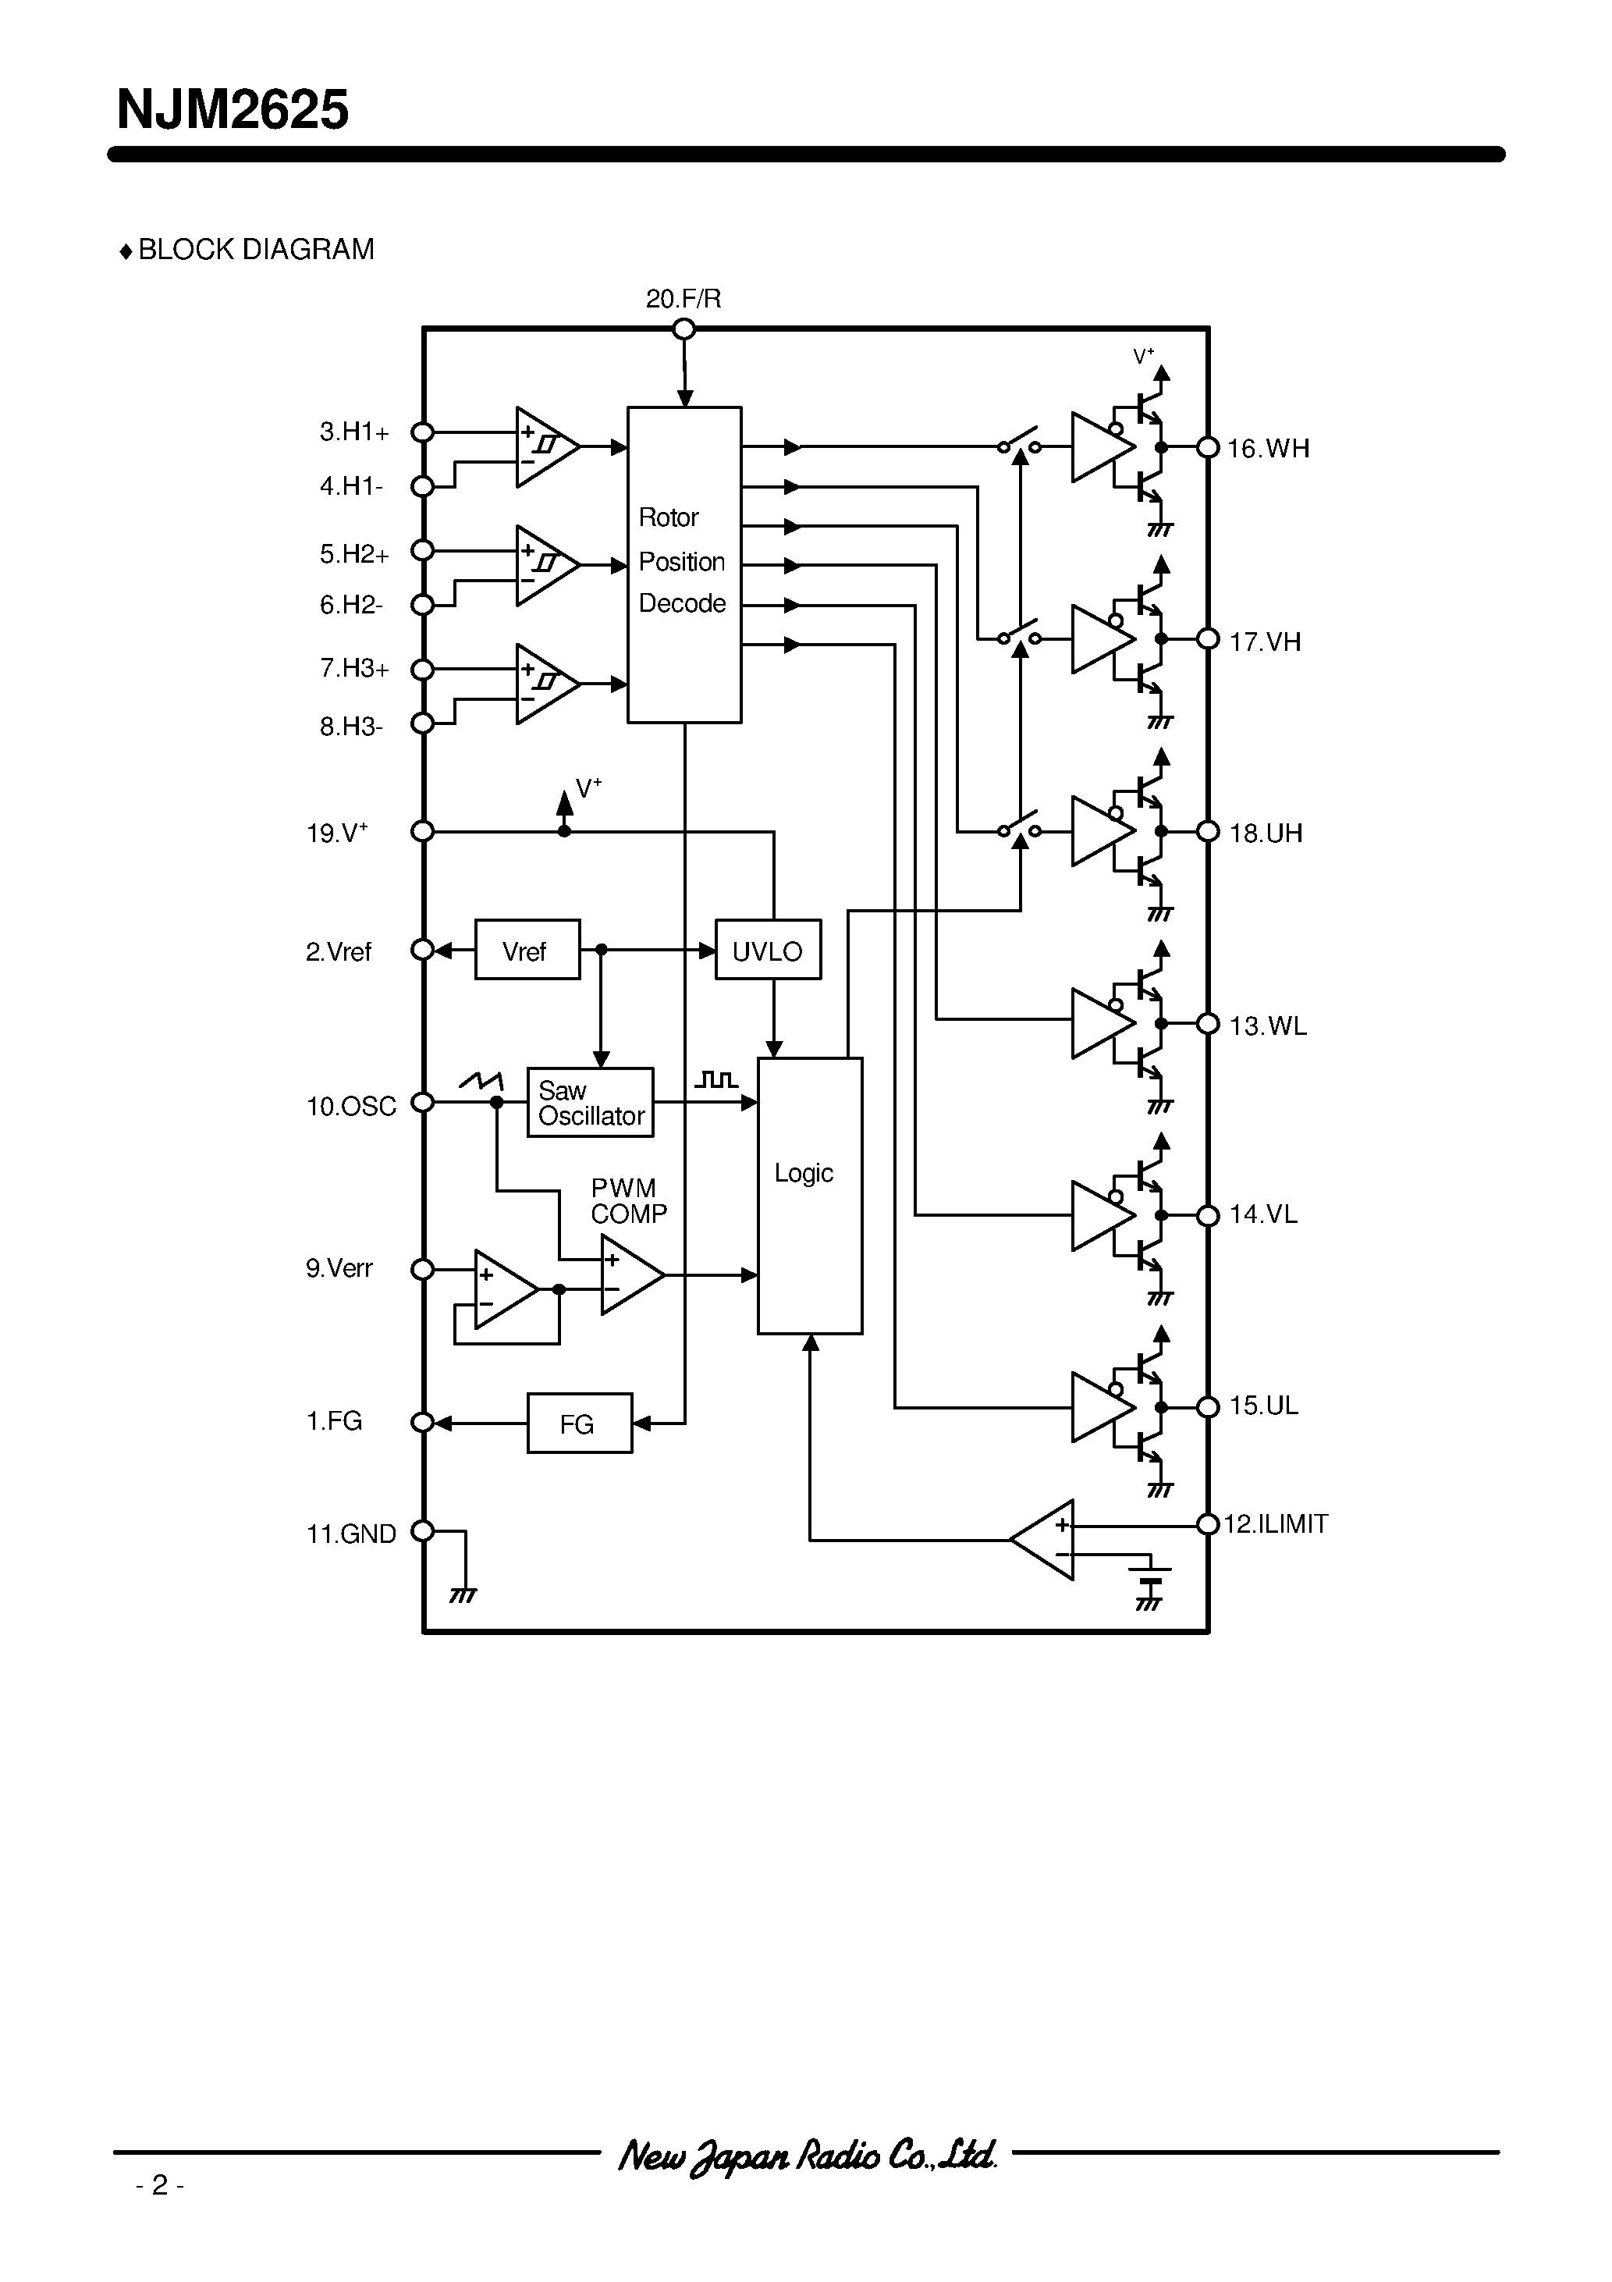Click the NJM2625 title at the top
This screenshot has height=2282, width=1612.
click(x=233, y=110)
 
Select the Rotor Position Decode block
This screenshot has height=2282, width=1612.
click(x=684, y=563)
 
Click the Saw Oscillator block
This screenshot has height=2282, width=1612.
click(x=591, y=1102)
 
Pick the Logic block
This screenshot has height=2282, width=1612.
click(x=809, y=1195)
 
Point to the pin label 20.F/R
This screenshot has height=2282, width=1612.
click(x=683, y=299)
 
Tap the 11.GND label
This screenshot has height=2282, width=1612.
click(x=351, y=1534)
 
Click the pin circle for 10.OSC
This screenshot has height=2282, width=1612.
click(x=422, y=1102)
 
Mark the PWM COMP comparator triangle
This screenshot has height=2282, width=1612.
click(x=628, y=1274)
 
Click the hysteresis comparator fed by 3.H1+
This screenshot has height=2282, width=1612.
click(x=544, y=447)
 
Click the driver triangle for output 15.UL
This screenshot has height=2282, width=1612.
click(x=1099, y=1407)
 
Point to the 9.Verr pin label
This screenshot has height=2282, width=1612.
click(x=339, y=1268)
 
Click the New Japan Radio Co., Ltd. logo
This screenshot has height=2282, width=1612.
click(x=806, y=2155)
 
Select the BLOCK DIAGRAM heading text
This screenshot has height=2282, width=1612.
click(x=255, y=250)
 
